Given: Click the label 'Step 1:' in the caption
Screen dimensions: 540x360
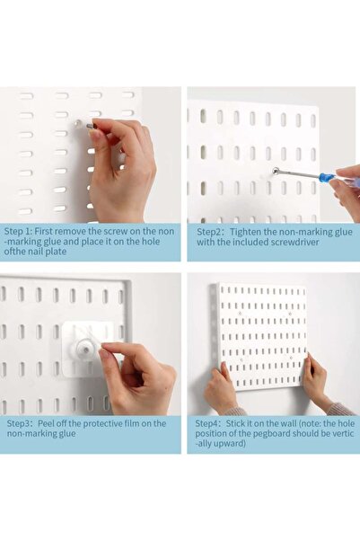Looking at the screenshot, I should pos(18,229).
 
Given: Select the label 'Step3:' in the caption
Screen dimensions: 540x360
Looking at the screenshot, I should pos(19,423).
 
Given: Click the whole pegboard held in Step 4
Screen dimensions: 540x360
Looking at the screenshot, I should pos(261,334).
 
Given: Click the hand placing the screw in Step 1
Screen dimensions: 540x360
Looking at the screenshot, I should pos(126,166).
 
